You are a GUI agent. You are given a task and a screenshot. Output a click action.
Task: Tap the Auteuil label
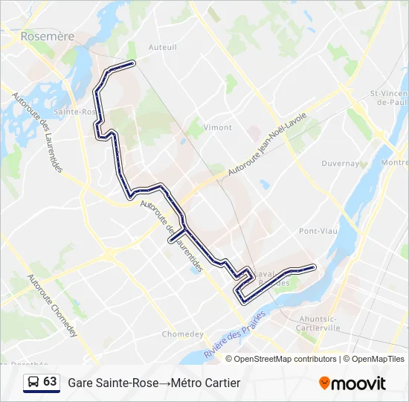(x=163, y=47)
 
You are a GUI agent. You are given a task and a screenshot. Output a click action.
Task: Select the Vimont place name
(x=217, y=127)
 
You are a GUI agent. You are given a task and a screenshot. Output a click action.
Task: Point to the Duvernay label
(x=340, y=163)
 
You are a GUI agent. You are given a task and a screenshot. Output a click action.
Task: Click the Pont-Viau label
(x=318, y=232)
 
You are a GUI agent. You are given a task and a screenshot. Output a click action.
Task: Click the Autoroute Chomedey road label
(x=52, y=305)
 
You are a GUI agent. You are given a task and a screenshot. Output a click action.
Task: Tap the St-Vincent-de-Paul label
(x=389, y=98)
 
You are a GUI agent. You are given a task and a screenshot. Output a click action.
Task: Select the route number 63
(x=50, y=382)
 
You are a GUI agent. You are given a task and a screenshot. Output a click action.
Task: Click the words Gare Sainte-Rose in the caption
(x=112, y=383)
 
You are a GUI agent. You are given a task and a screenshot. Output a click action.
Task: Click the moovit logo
(x=352, y=383)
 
